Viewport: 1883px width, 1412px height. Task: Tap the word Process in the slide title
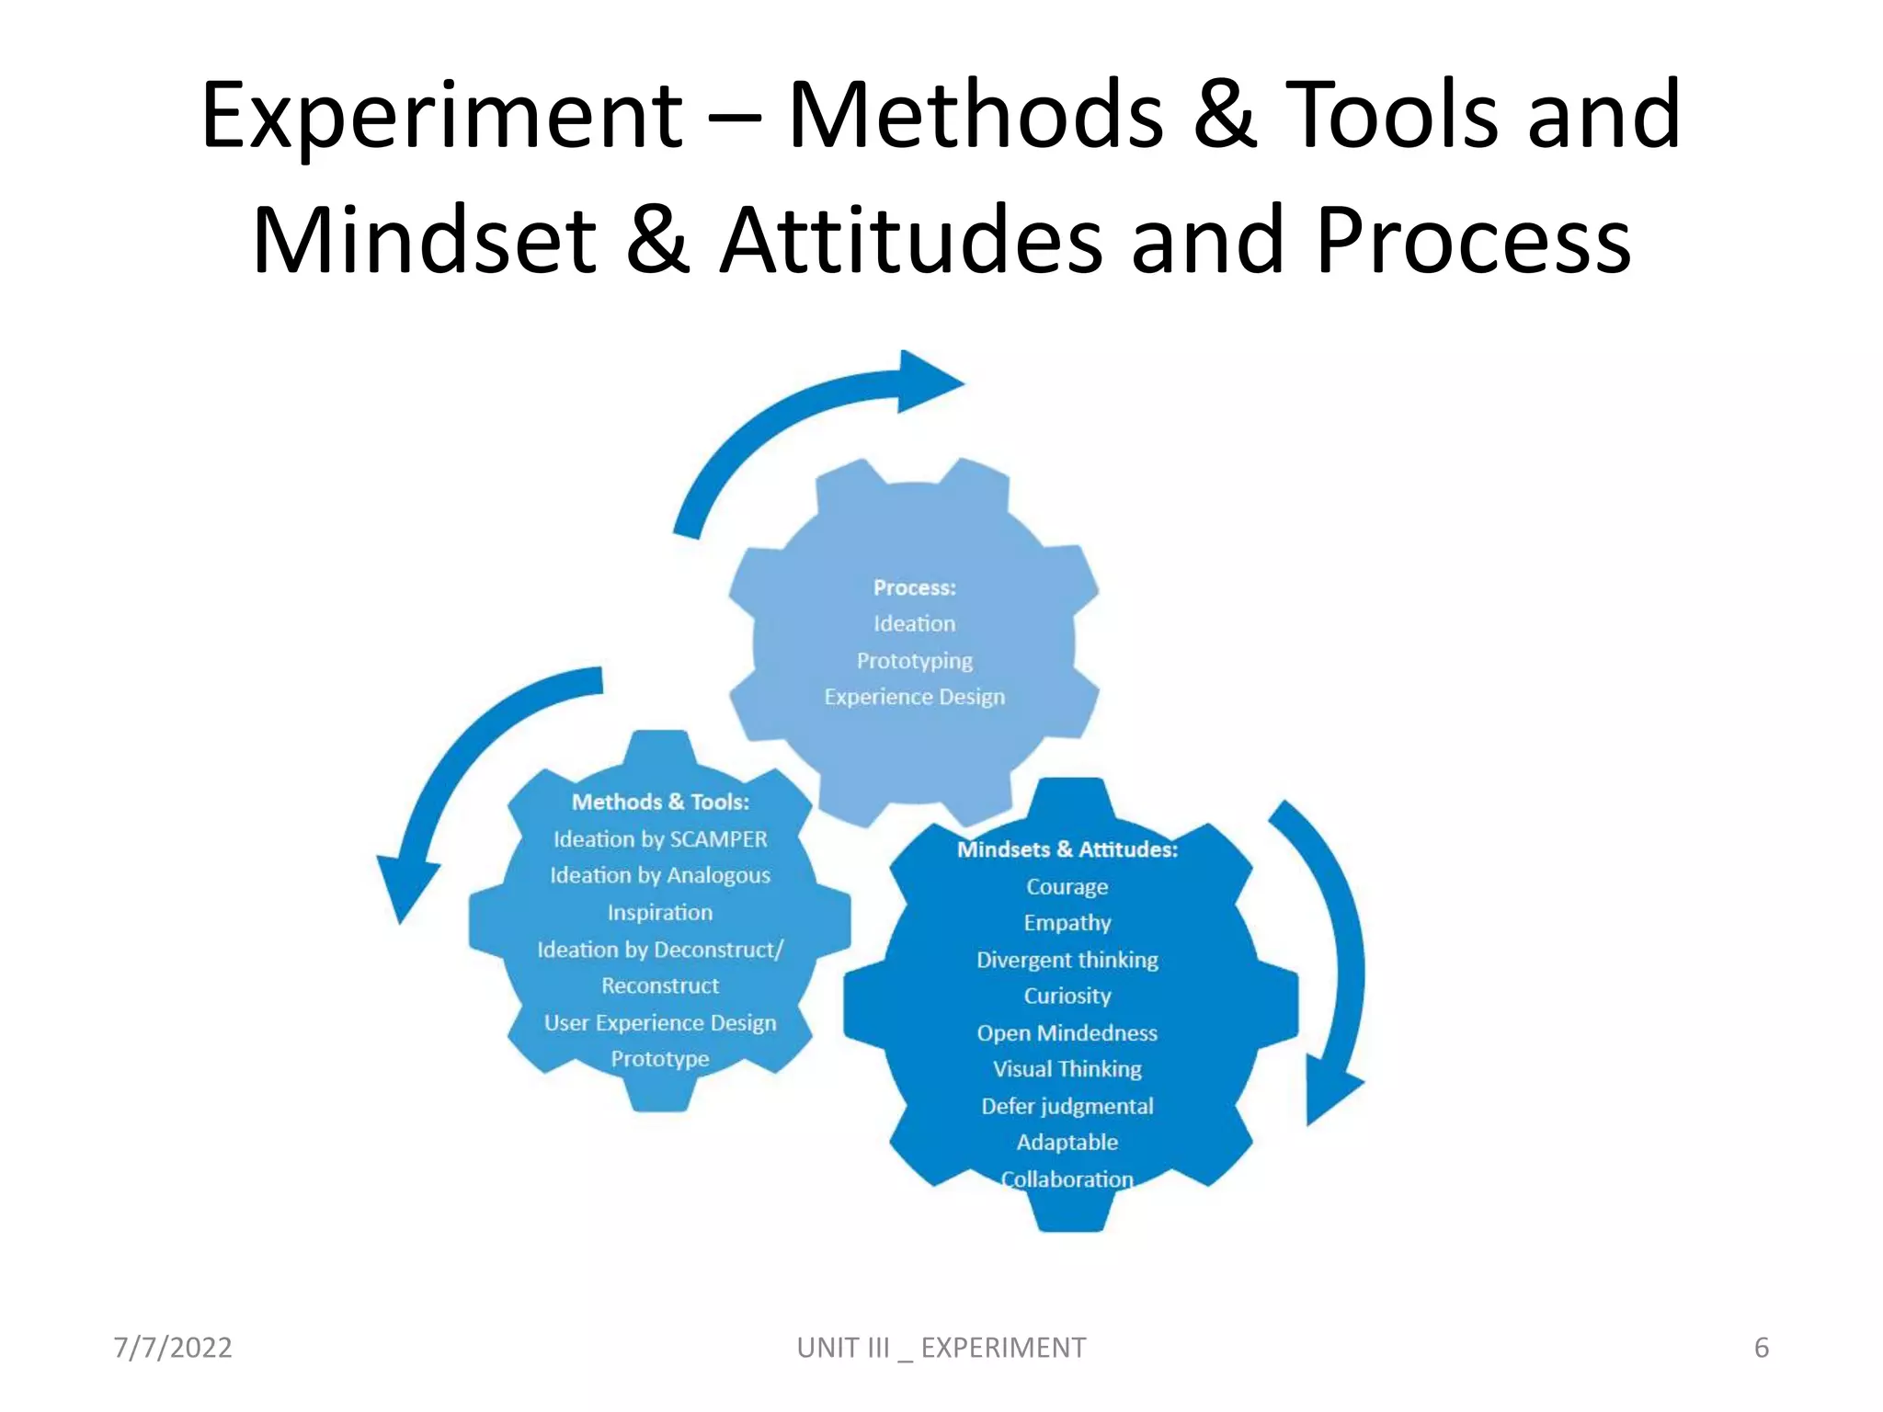coord(1474,240)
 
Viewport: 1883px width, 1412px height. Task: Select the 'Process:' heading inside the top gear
coord(914,587)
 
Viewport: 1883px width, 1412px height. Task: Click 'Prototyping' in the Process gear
coord(914,660)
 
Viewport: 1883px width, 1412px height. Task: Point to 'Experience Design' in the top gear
coord(914,697)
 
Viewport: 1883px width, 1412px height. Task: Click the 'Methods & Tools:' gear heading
coord(660,802)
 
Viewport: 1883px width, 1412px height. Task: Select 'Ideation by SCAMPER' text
coord(660,838)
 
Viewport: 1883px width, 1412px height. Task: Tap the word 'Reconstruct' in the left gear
coord(660,985)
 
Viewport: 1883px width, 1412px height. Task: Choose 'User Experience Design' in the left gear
coord(660,1022)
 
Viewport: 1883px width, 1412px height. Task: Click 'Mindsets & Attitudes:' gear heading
coord(1067,849)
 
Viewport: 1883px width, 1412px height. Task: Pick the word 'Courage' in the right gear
coord(1067,886)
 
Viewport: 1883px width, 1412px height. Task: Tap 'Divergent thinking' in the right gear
coord(1067,960)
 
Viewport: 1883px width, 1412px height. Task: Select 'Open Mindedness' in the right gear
coord(1067,1032)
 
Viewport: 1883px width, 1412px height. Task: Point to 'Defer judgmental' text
coord(1067,1106)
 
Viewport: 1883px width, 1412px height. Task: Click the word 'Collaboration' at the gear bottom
coord(1067,1179)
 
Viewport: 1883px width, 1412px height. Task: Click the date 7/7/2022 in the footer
coord(173,1348)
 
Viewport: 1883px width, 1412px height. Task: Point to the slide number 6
coord(1761,1348)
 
